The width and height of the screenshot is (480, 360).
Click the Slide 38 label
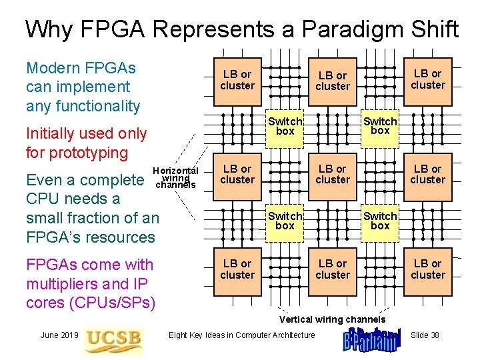click(x=425, y=335)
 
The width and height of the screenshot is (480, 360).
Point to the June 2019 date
click(x=60, y=335)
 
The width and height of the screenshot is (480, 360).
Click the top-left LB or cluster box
click(x=237, y=80)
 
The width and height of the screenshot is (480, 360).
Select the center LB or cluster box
click(x=333, y=175)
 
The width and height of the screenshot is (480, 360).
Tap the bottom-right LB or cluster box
click(x=428, y=269)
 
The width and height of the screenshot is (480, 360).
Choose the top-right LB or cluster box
click(x=428, y=79)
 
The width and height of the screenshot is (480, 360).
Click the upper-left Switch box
click(x=285, y=126)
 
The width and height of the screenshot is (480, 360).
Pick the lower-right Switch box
click(x=380, y=221)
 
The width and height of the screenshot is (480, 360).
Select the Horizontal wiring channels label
click(x=175, y=177)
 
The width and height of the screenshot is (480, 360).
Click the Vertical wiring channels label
click(x=332, y=319)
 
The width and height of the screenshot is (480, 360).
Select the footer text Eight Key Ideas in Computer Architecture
click(x=242, y=335)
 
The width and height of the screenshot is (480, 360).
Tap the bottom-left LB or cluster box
click(x=237, y=269)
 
